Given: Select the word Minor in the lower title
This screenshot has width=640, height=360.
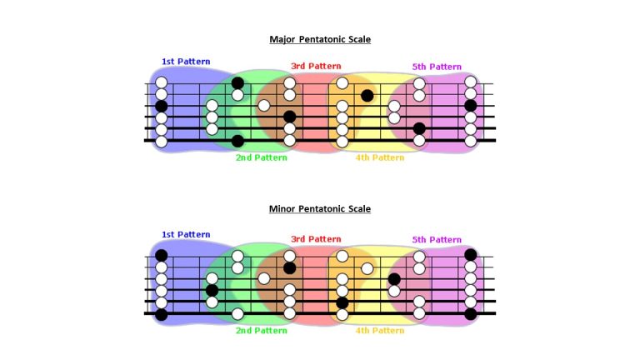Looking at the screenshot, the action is [282, 209].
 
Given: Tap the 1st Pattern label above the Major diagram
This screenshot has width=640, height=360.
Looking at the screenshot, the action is [186, 62].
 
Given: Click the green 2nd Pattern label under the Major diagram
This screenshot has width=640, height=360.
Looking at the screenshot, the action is [261, 157].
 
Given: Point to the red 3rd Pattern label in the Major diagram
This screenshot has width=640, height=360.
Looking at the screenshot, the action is [316, 66].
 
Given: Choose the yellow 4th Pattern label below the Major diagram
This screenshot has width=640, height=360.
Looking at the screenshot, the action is [380, 157].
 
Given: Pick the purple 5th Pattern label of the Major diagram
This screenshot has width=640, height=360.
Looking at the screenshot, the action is [437, 67].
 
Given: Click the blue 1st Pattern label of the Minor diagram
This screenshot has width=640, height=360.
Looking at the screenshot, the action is [186, 235].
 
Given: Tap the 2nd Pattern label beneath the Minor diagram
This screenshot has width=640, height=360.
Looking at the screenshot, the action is [261, 331].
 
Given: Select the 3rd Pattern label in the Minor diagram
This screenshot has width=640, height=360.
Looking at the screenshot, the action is [316, 239].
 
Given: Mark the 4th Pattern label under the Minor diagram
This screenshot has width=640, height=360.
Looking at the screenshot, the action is [380, 331].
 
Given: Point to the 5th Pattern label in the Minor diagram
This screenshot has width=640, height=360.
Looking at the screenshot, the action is [437, 240].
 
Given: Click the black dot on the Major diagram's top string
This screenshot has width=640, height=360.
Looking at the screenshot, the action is [237, 83].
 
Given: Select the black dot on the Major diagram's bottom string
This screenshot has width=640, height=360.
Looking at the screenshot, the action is [237, 142].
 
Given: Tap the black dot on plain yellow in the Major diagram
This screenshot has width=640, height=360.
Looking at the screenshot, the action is [367, 96].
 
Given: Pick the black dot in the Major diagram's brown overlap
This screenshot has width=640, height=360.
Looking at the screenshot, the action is [289, 117].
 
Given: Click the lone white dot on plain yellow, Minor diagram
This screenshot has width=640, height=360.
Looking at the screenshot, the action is [367, 268].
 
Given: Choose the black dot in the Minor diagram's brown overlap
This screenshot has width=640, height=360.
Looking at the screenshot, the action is [289, 268].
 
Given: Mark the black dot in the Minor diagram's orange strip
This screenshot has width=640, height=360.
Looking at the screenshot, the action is [342, 303].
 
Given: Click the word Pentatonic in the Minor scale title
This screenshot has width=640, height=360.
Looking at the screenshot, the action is [321, 209].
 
